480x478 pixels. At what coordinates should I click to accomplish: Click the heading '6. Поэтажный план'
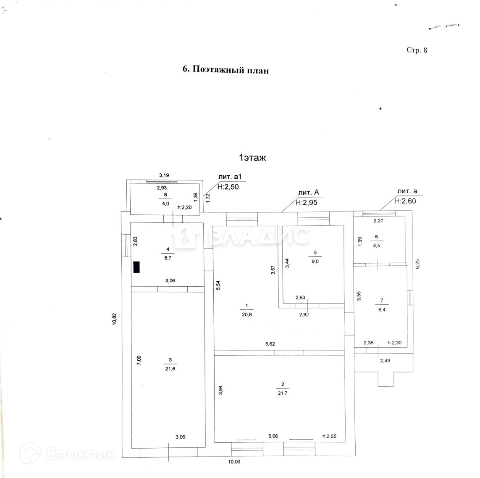coord(225,70)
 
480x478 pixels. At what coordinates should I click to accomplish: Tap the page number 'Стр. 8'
coord(417,50)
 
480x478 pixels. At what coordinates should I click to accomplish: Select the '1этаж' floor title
coord(252,158)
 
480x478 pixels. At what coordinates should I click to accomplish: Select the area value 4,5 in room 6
coord(376,246)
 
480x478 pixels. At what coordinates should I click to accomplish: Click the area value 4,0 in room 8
coord(165,203)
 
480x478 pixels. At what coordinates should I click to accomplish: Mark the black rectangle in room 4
coord(136,267)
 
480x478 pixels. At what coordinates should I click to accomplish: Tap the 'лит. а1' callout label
coord(228,177)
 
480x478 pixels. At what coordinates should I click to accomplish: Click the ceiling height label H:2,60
coord(405,201)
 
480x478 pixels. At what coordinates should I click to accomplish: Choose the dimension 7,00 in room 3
coord(139,360)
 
